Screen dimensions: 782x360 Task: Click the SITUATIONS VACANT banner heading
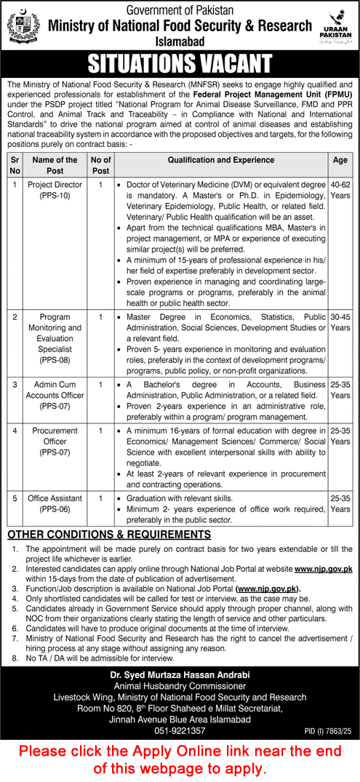pyautogui.click(x=180, y=65)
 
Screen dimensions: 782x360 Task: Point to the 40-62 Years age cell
pyautogui.click(x=340, y=191)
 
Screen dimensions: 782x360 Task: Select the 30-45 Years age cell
pyautogui.click(x=340, y=322)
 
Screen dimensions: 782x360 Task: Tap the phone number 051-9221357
pyautogui.click(x=180, y=730)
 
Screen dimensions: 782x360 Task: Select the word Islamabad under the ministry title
pyautogui.click(x=179, y=41)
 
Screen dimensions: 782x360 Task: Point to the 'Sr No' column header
pyautogui.click(x=14, y=165)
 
